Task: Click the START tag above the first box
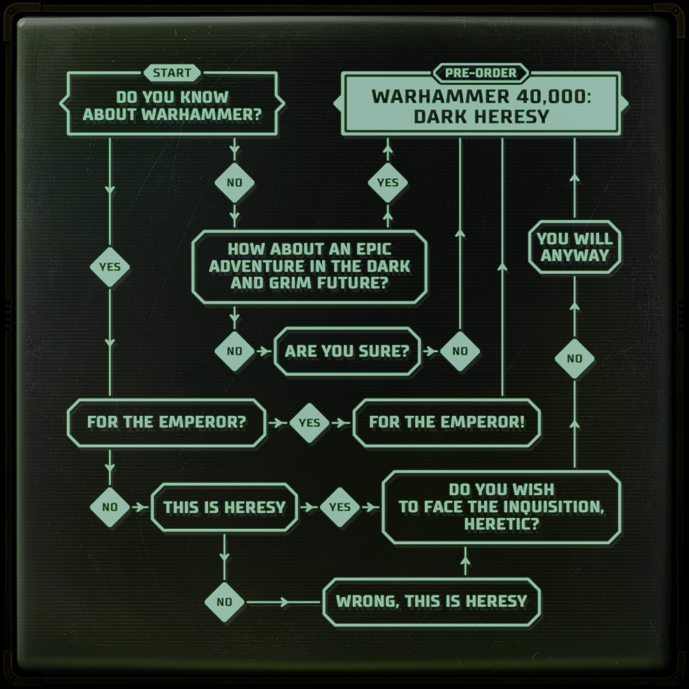(x=172, y=73)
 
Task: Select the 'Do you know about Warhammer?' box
(x=172, y=105)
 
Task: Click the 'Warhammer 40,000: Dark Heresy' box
(x=480, y=105)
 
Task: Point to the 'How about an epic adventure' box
(x=309, y=265)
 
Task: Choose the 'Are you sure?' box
(x=347, y=351)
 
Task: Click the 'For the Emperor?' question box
(x=167, y=422)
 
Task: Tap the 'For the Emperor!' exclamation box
(x=447, y=422)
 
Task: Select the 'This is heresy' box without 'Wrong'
(x=224, y=507)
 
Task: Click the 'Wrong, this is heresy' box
(x=431, y=602)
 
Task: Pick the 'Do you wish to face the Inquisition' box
(x=501, y=507)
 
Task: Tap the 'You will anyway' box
(x=574, y=248)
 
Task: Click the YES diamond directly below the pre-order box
(x=387, y=182)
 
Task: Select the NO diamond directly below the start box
(x=234, y=182)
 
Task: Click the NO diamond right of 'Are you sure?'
(x=459, y=351)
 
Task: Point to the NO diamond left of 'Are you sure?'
(x=234, y=351)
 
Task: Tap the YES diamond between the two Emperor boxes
(x=309, y=422)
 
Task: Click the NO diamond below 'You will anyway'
(x=574, y=359)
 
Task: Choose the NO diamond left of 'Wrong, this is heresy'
(x=225, y=602)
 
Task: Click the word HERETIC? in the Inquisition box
(x=501, y=524)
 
